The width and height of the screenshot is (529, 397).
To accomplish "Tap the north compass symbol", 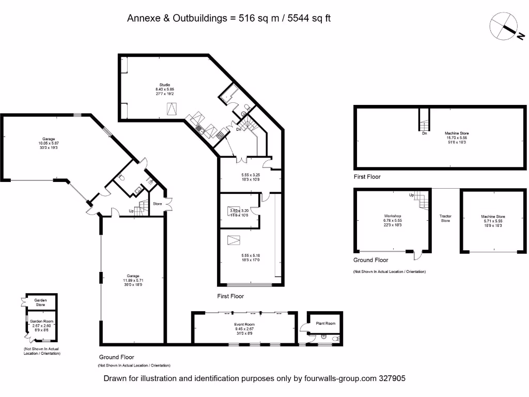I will pyautogui.click(x=507, y=27).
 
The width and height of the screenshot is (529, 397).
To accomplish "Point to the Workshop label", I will pyautogui.click(x=393, y=216).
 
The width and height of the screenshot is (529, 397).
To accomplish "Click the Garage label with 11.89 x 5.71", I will pyautogui.click(x=134, y=276).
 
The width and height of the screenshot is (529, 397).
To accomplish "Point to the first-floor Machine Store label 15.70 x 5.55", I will pyautogui.click(x=457, y=133).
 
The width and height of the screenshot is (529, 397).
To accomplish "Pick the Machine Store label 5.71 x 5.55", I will pyautogui.click(x=492, y=217).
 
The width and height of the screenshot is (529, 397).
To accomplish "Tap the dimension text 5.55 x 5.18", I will pyautogui.click(x=251, y=255).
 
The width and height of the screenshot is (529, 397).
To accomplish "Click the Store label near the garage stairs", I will pyautogui.click(x=157, y=204).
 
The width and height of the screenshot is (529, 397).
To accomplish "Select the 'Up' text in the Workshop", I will pyautogui.click(x=412, y=195).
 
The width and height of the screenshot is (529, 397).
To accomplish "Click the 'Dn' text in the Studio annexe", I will pyautogui.click(x=239, y=129).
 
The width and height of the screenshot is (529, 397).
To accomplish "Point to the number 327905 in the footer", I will pyautogui.click(x=391, y=378).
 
